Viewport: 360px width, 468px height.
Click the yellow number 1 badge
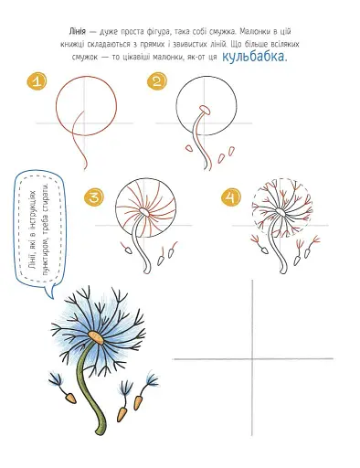(37, 81)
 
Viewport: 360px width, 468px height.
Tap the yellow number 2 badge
(157, 81)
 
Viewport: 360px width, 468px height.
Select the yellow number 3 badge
(94, 197)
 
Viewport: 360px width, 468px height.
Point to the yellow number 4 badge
(231, 197)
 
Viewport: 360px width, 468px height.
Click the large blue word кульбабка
(255, 57)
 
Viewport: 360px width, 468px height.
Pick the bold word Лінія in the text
(78, 31)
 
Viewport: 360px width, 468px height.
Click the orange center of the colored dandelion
(97, 337)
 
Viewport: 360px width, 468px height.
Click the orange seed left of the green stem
(70, 398)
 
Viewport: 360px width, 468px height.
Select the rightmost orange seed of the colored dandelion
(138, 403)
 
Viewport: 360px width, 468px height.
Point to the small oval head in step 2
(205, 110)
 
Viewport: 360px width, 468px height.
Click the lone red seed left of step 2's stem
(189, 148)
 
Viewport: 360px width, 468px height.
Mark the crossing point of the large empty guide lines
(252, 359)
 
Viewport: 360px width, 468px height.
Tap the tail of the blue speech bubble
(49, 291)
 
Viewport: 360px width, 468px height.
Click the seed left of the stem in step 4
(265, 250)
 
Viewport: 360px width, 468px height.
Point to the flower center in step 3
(143, 212)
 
